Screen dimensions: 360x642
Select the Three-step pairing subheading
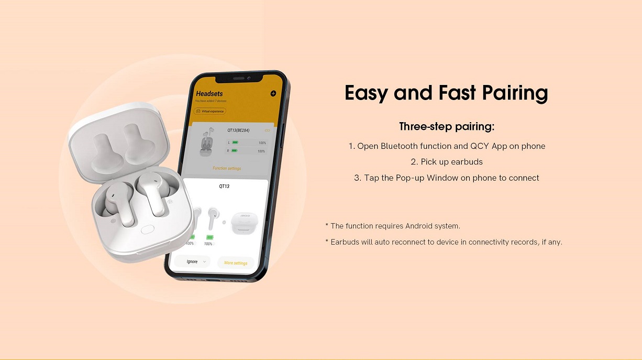(x=447, y=127)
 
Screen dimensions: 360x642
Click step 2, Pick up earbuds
(x=447, y=162)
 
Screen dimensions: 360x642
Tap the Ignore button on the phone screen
(x=192, y=261)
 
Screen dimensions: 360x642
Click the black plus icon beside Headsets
(x=273, y=94)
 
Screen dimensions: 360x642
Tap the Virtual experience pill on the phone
(x=210, y=111)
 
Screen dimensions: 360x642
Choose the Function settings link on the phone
(x=227, y=168)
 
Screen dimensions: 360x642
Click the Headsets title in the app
(x=209, y=94)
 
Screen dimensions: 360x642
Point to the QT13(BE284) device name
(x=238, y=130)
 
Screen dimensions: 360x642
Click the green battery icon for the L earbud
(x=235, y=143)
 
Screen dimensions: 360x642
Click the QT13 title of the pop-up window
(x=224, y=186)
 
